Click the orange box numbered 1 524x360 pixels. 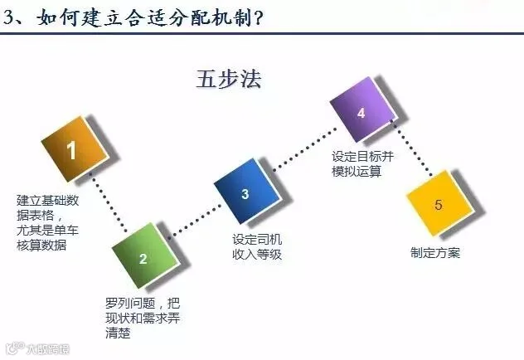[72, 151]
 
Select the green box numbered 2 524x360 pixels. [143, 257]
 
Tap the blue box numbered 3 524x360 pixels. [245, 195]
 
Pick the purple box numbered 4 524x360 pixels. [361, 114]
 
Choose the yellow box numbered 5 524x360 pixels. [438, 204]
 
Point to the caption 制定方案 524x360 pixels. [435, 253]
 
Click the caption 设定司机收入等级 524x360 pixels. [257, 247]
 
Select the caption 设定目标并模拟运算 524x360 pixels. [356, 163]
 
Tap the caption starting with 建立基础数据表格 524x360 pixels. [49, 222]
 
